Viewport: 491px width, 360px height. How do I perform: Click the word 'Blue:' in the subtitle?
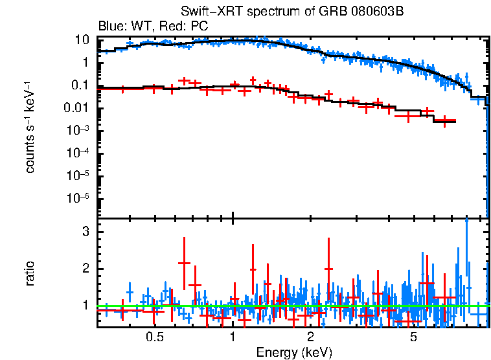coord(111,27)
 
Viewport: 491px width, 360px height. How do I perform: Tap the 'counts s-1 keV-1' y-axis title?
coord(30,128)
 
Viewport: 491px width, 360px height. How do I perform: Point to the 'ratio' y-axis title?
coord(30,273)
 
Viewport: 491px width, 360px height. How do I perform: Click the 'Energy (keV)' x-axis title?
coord(294,352)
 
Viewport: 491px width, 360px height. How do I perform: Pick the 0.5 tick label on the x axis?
coord(154,337)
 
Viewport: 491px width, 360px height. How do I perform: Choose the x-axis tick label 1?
coord(233,337)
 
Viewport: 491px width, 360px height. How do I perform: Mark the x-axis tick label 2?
coord(311,337)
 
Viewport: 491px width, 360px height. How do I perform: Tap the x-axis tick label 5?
coord(414,337)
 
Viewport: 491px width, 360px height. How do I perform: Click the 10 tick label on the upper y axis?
coord(82,39)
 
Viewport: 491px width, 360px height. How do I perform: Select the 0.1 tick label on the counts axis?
coord(79,85)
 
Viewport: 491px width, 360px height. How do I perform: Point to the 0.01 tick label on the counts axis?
coord(76,108)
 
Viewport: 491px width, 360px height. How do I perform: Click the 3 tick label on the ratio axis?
coord(84,232)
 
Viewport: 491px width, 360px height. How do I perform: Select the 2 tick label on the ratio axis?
coord(84,269)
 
